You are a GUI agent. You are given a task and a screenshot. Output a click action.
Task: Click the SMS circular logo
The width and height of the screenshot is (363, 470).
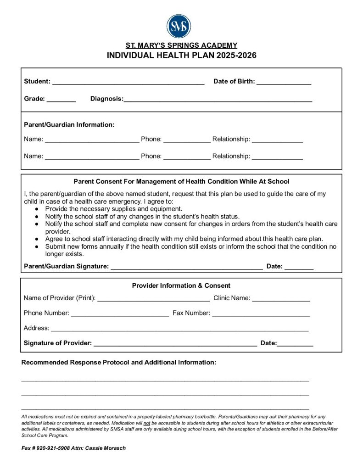pyautogui.click(x=179, y=26)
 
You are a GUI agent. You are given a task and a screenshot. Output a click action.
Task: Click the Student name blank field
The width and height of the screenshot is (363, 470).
pyautogui.click(x=128, y=83)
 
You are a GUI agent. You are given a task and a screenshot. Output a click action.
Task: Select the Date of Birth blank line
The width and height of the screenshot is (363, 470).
pyautogui.click(x=284, y=83)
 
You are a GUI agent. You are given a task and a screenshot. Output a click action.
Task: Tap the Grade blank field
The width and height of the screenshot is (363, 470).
pyautogui.click(x=61, y=100)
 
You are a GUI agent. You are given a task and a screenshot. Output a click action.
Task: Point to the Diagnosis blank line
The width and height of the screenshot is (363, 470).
pyautogui.click(x=218, y=100)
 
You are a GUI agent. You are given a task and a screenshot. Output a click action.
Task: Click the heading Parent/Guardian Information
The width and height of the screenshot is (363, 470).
pyautogui.click(x=69, y=124)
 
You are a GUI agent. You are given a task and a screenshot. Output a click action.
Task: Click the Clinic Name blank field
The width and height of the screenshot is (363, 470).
pyautogui.click(x=281, y=299)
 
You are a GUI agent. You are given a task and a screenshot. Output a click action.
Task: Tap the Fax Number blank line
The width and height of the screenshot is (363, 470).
pyautogui.click(x=261, y=314)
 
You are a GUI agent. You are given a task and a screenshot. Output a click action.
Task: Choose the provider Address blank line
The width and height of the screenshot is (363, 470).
pyautogui.click(x=179, y=329)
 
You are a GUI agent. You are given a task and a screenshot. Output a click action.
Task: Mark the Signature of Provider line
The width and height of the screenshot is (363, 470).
pyautogui.click(x=175, y=344)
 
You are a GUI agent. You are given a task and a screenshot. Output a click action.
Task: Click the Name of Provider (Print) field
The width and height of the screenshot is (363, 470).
pyautogui.click(x=153, y=299)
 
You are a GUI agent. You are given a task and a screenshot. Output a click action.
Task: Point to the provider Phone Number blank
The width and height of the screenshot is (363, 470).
pyautogui.click(x=120, y=314)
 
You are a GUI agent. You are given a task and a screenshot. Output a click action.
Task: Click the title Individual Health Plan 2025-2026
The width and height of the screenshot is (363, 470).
pyautogui.click(x=181, y=56)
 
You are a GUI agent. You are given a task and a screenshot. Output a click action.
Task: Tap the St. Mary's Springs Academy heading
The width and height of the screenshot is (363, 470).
pyautogui.click(x=181, y=45)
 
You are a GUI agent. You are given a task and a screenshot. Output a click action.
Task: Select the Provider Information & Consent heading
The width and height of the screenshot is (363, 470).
pyautogui.click(x=181, y=285)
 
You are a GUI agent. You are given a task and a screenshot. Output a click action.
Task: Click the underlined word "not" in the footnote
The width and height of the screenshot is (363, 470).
pyautogui.click(x=147, y=423)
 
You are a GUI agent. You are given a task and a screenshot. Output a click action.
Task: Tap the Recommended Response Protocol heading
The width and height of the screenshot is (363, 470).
pyautogui.click(x=118, y=362)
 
